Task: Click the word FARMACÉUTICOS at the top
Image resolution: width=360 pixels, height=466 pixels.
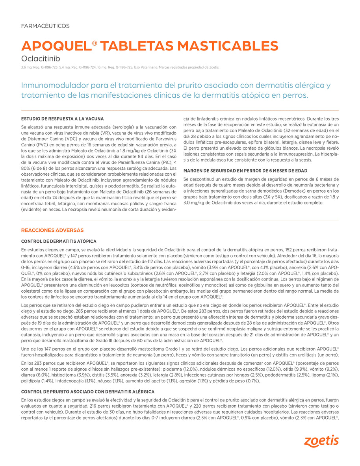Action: pyautogui.click(x=45, y=26)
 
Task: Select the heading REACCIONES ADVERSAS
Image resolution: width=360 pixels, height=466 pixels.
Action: pyautogui.click(x=52, y=230)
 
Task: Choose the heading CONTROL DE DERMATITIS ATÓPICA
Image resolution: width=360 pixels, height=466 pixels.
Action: pyautogui.click(x=58, y=241)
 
